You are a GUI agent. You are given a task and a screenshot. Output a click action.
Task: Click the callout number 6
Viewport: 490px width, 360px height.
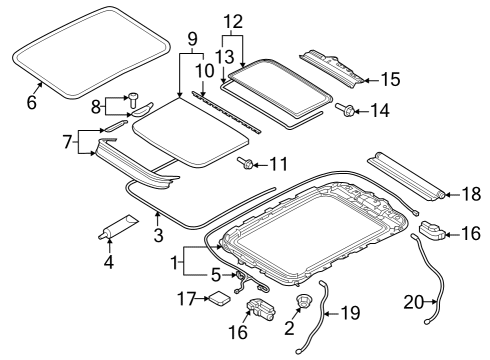point(31,102)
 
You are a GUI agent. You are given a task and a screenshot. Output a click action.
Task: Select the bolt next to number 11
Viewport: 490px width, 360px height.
point(245,163)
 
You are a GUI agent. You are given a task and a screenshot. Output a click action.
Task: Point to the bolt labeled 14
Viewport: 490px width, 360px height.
point(345,109)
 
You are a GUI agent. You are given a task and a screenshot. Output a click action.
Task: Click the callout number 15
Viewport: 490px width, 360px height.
point(390,79)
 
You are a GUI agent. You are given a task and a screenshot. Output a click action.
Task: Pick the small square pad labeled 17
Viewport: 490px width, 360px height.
point(219,298)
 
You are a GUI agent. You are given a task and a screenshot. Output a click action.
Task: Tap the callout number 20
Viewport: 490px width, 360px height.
point(414,302)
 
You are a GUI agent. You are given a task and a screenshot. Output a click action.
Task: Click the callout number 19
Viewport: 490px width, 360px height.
point(350,313)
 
